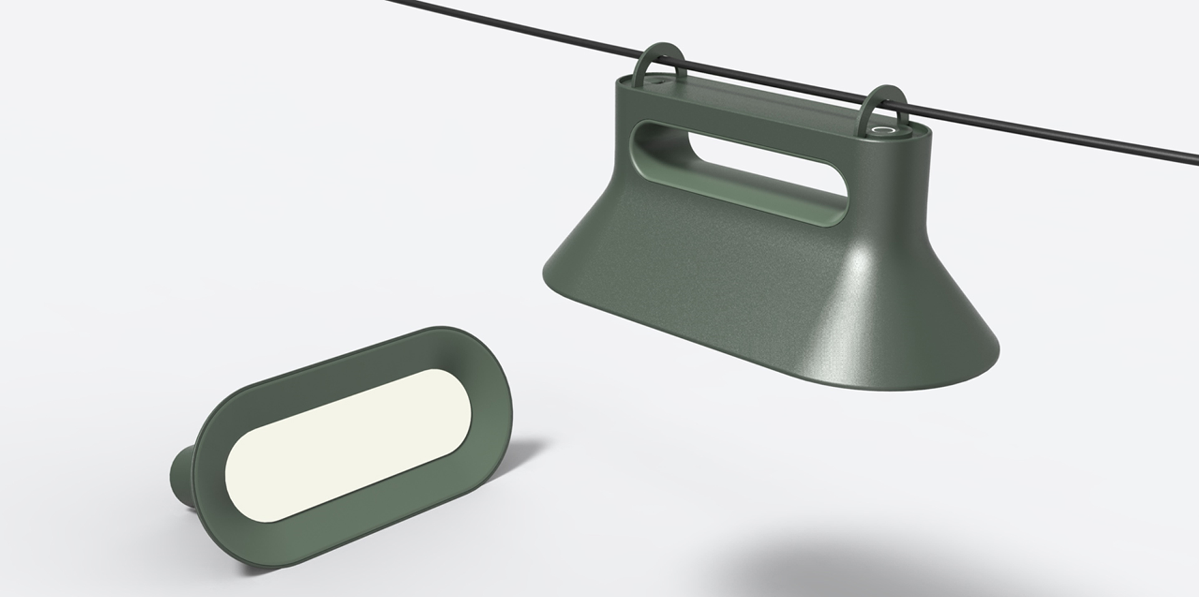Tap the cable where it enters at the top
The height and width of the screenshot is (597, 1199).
point(400,3)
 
